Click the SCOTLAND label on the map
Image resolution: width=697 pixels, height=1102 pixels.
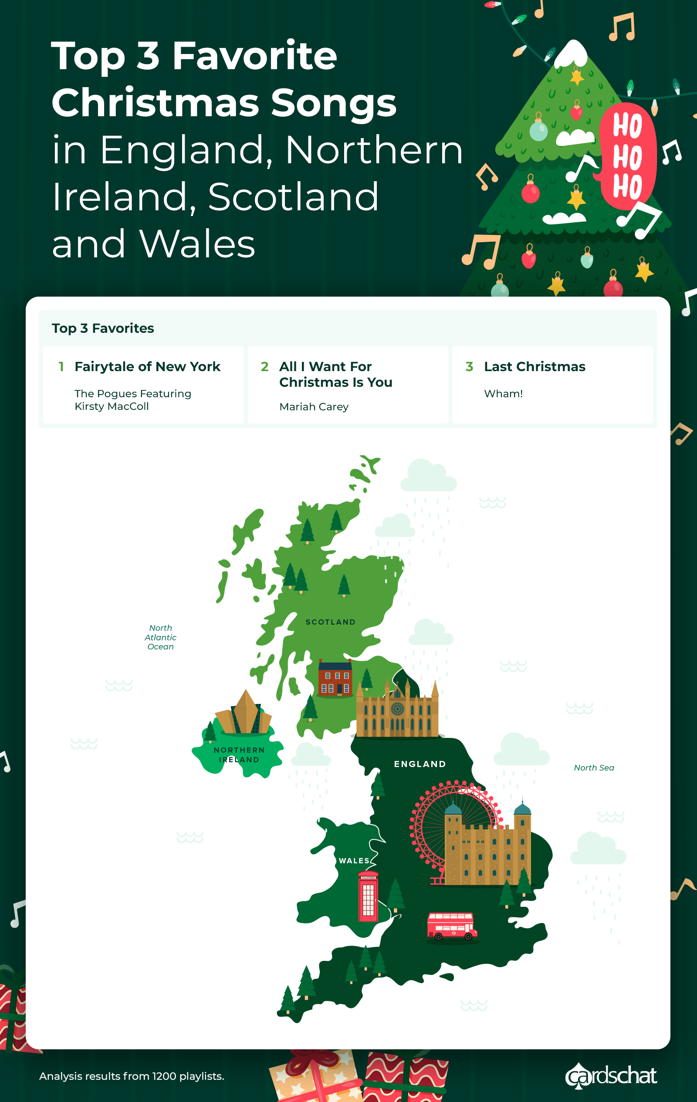(330, 622)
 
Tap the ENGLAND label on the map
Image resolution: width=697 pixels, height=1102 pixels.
(420, 764)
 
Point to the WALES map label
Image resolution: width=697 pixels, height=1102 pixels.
(354, 860)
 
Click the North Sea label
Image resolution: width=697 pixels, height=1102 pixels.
(594, 767)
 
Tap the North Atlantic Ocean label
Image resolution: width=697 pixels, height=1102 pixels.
(161, 637)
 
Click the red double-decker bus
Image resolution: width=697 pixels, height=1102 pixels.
(452, 926)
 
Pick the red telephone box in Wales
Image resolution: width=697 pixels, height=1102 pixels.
(369, 896)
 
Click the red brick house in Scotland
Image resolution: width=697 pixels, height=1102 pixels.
(335, 678)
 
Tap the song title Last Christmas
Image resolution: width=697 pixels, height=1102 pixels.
(535, 367)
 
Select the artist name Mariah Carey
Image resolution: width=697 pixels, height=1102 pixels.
(314, 406)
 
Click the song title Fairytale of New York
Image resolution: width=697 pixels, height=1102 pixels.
(147, 367)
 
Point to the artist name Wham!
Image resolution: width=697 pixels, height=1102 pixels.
(504, 394)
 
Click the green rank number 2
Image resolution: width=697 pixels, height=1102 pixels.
(264, 367)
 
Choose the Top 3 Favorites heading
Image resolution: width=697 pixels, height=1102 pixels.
(103, 328)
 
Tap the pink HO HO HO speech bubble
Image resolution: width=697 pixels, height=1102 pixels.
(627, 155)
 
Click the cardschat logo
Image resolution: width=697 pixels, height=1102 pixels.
(611, 1075)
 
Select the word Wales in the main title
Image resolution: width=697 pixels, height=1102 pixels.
(197, 243)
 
